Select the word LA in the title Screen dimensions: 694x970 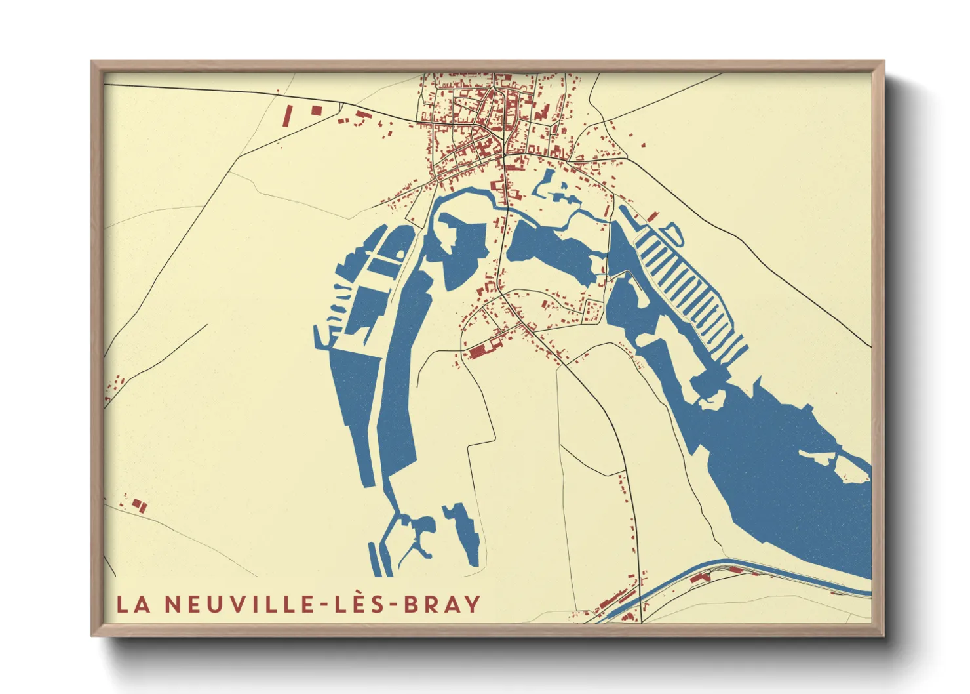coord(134,604)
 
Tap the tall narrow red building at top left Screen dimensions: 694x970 coord(286,117)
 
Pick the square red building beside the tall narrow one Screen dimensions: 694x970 coord(317,110)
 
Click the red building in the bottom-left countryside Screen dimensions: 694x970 coord(138,504)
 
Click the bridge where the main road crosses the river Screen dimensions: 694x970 coord(505,207)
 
